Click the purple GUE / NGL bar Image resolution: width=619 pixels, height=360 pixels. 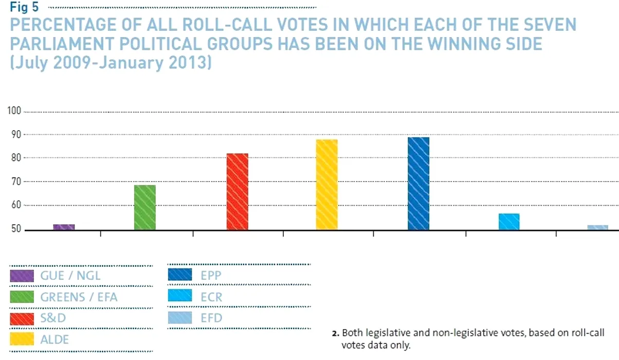tap(64, 227)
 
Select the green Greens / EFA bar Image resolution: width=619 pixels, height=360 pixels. tap(144, 207)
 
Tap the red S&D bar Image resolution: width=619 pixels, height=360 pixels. tap(237, 191)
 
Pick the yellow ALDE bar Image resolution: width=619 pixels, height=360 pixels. tap(327, 185)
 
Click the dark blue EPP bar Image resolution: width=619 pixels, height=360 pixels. tap(418, 183)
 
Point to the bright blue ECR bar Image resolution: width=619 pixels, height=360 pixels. tap(509, 222)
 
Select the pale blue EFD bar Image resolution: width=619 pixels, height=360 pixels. tap(598, 227)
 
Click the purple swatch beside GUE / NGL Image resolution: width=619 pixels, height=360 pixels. tap(22, 276)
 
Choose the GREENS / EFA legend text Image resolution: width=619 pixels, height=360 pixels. tap(79, 297)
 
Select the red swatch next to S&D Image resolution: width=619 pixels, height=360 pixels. tap(22, 318)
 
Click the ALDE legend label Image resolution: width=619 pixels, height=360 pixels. tap(54, 339)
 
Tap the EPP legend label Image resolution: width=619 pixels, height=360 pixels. tap(211, 276)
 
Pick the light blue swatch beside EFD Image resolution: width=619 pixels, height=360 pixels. tap(179, 318)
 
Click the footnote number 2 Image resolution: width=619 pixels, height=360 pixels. tap(335, 333)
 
